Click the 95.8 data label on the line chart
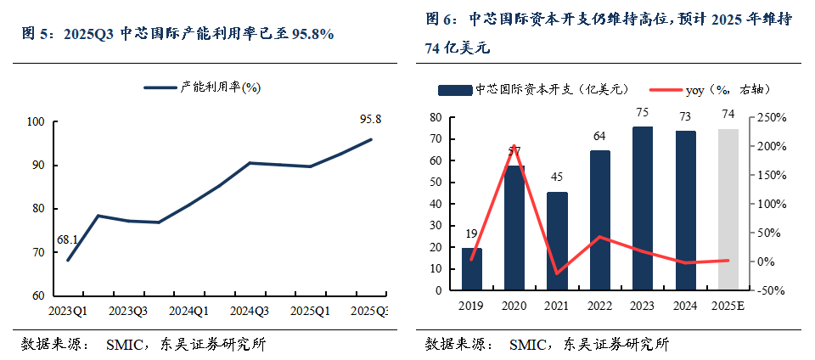coord(371,120)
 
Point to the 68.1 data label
coord(69,240)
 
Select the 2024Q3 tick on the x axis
coord(250,310)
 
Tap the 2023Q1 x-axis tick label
coord(68,310)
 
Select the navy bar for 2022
coord(600,220)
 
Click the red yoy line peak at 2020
coord(514,146)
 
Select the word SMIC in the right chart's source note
coord(527,344)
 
